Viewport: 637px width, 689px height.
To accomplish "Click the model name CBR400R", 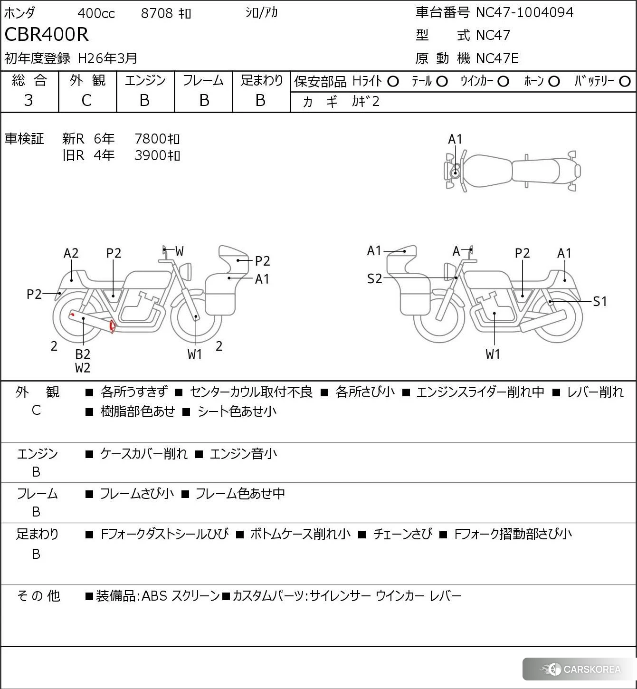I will click(x=47, y=35).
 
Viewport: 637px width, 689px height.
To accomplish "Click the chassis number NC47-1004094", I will click(x=524, y=12).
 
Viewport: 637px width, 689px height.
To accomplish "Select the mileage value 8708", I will click(x=157, y=13).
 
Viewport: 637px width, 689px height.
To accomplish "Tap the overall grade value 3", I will click(x=29, y=100).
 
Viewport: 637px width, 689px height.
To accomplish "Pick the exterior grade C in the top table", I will click(x=86, y=100).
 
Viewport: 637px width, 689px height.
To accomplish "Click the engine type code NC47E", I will click(x=497, y=58).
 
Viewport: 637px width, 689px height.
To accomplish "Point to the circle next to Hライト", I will click(x=393, y=82).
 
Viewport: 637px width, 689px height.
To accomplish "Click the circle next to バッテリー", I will click(x=625, y=82).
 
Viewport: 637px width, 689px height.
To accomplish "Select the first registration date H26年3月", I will click(x=107, y=58).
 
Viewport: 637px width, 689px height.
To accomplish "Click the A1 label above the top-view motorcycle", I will click(x=455, y=139).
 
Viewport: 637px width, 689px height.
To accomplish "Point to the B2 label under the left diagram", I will click(x=83, y=354).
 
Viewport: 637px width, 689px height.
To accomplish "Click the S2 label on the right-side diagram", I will click(x=374, y=279).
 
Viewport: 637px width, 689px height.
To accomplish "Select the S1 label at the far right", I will click(x=600, y=301).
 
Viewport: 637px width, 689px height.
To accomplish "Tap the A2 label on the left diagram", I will click(x=71, y=253).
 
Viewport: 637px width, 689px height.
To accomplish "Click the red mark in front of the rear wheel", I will click(x=112, y=326).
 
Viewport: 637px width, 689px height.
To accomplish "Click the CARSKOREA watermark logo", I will click(x=580, y=670).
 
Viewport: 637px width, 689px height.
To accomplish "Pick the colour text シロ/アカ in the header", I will click(x=261, y=13).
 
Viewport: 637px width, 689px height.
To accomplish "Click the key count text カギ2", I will click(x=365, y=102).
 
